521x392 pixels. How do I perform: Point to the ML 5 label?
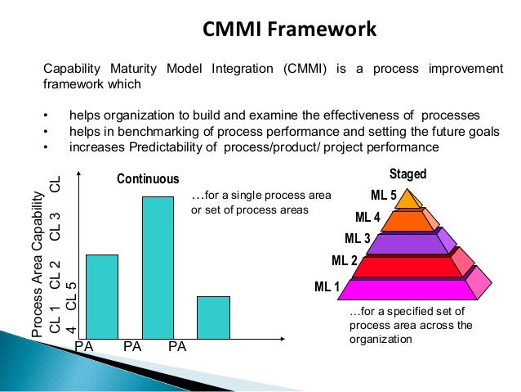384,195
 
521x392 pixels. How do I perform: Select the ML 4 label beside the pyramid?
367,217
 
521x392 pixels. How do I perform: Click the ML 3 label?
357,239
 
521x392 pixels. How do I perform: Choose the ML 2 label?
344,261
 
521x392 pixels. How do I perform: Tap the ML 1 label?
328,286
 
